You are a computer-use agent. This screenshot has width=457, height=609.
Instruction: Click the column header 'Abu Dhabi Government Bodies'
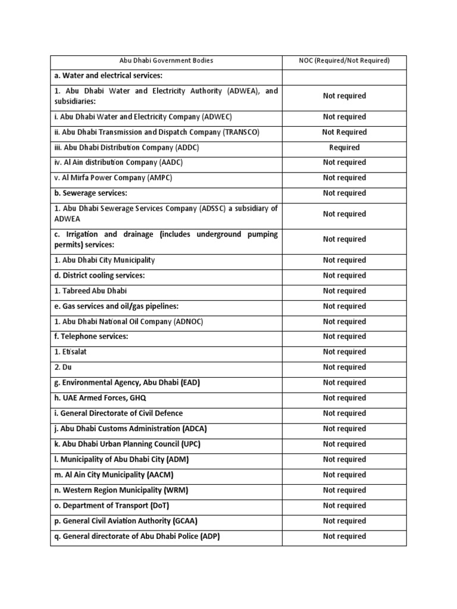(166, 61)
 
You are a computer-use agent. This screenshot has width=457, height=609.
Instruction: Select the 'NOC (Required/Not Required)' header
(344, 61)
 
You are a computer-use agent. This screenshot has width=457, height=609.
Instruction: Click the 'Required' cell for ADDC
(344, 147)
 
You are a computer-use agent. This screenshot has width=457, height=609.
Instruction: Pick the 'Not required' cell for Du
(344, 368)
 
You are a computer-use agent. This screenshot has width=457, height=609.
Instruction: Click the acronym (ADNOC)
(189, 322)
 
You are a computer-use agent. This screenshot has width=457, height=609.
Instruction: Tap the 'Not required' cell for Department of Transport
(344, 506)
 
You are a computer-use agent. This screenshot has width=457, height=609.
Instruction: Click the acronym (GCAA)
(184, 521)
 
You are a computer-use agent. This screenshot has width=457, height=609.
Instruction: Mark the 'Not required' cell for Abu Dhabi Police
(344, 536)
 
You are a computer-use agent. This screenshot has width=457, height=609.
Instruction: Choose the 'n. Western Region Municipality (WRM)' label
(125, 490)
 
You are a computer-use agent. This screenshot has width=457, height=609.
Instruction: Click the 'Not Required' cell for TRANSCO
(344, 132)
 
